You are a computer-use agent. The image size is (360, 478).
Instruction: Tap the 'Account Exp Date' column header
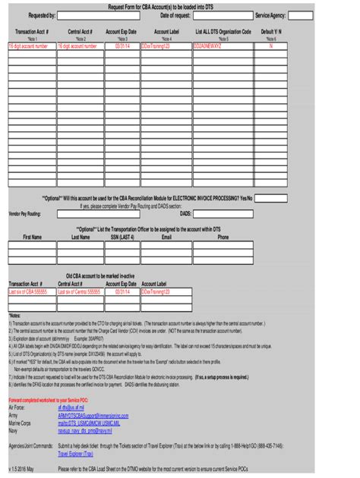pos(122,33)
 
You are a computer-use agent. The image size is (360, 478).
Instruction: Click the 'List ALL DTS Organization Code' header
pos(223,33)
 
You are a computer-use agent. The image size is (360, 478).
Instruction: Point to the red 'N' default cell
pos(272,46)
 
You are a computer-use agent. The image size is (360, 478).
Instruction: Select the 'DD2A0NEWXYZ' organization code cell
pos(223,46)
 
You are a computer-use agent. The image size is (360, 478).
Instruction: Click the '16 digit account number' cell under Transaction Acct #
pos(31,46)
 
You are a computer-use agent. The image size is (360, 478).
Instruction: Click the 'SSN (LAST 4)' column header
pos(122,237)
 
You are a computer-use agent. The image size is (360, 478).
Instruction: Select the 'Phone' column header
pos(223,237)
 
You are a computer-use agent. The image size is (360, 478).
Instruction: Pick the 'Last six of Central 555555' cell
pos(79,291)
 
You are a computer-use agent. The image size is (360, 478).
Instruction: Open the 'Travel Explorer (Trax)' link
pos(75,453)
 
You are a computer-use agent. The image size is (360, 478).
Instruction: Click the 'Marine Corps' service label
pos(20,423)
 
